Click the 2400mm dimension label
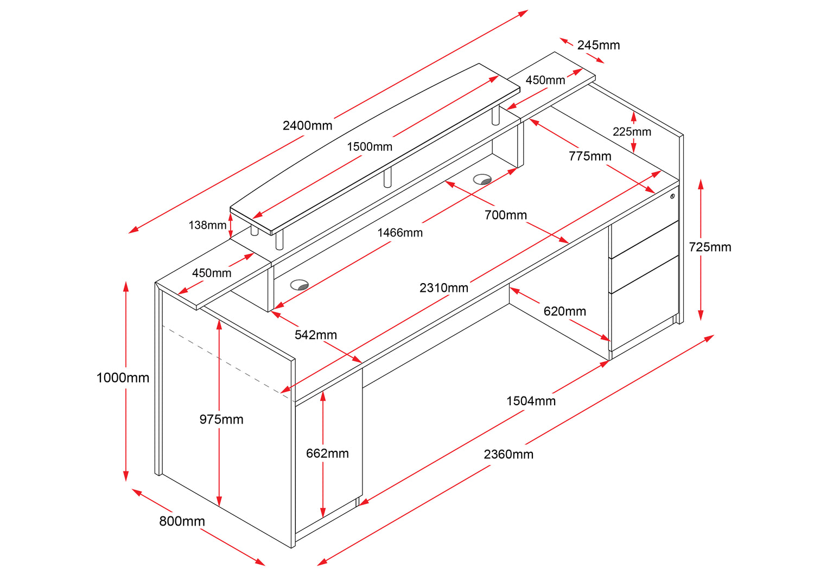point(307,126)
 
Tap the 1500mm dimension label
point(370,146)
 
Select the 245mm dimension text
point(598,45)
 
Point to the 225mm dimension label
point(632,132)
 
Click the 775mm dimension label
point(590,156)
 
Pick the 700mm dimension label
point(505,215)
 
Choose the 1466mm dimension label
point(400,233)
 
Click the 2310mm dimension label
point(443,288)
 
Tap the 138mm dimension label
point(207,225)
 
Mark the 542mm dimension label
point(315,335)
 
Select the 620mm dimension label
point(564,311)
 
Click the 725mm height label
point(710,247)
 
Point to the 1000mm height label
point(123,378)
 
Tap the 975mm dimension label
point(221,419)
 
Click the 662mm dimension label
point(327,453)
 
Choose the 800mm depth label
point(182,521)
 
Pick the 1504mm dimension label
point(531,401)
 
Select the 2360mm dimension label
point(508,455)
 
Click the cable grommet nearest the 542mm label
point(299,285)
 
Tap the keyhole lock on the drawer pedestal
point(672,196)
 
